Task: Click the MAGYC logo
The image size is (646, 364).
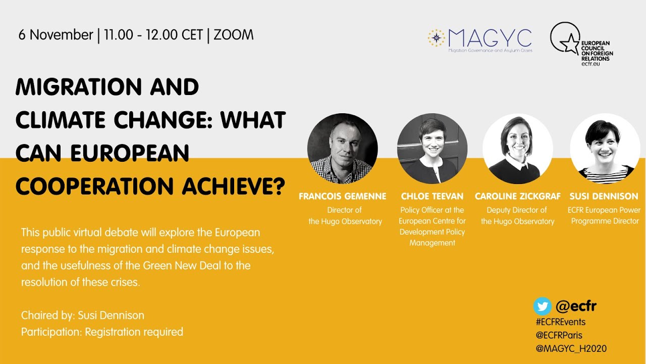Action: (479, 40)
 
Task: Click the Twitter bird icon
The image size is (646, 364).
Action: (542, 306)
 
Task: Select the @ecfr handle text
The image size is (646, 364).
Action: (576, 306)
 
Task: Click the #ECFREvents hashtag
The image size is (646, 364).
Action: (560, 322)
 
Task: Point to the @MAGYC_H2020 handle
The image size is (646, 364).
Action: (571, 348)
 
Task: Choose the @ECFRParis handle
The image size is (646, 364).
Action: (559, 335)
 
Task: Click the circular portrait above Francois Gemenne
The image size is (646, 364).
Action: (342, 148)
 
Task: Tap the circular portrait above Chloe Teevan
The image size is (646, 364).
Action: (432, 148)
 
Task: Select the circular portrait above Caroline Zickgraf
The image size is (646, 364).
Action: (517, 148)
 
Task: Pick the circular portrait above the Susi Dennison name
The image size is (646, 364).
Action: (605, 148)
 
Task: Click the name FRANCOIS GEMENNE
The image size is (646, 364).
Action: (342, 196)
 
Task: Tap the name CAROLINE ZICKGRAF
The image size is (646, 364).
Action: (517, 196)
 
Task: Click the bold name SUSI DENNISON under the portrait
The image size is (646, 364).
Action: (604, 196)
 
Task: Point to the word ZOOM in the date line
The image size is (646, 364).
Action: (234, 35)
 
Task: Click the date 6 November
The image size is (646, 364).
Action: (56, 35)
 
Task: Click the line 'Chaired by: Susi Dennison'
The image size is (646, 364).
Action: (82, 315)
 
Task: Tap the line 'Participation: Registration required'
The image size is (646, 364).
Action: (102, 332)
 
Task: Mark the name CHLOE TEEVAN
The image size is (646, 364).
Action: (432, 196)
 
